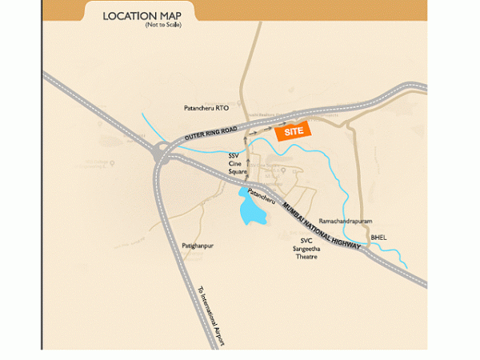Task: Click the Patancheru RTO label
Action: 206,107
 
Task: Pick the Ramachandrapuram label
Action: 346,219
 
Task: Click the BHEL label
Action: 379,238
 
